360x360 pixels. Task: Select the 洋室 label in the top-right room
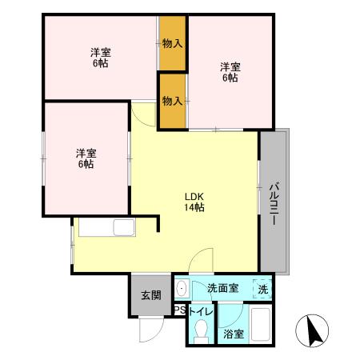coord(230,67)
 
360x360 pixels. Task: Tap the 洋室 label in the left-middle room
coord(86,153)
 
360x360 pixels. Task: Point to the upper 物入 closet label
coord(172,42)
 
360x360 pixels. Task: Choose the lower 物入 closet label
coord(172,101)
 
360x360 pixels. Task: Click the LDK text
coord(194,196)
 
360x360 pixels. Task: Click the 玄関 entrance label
coord(150,295)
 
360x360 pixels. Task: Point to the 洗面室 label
coord(222,288)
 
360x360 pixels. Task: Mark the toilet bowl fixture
coord(201,330)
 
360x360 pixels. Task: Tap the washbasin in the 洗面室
coord(182,288)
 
